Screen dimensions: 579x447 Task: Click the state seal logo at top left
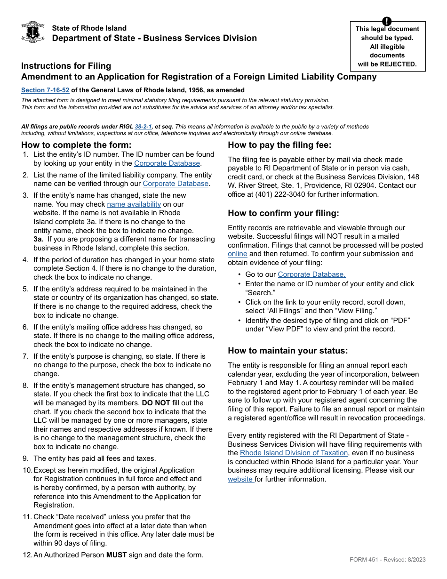coord(33,32)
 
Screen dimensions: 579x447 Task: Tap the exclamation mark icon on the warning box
coord(387,21)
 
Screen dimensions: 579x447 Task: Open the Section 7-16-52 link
coord(45,90)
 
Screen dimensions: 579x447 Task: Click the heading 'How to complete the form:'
coord(76,145)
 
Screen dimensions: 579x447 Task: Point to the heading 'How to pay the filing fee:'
coord(279,145)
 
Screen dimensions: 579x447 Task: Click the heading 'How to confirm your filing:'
coord(283,213)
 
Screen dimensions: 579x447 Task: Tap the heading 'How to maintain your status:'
coord(288,351)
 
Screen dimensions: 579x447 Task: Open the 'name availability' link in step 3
coord(134,204)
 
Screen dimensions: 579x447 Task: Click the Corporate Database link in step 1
coord(167,163)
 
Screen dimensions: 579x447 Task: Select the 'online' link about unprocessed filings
coord(238,254)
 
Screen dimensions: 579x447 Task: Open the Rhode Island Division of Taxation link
coord(294,453)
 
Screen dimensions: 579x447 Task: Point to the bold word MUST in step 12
coord(117,555)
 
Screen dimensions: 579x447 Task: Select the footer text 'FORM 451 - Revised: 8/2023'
coord(387,560)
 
